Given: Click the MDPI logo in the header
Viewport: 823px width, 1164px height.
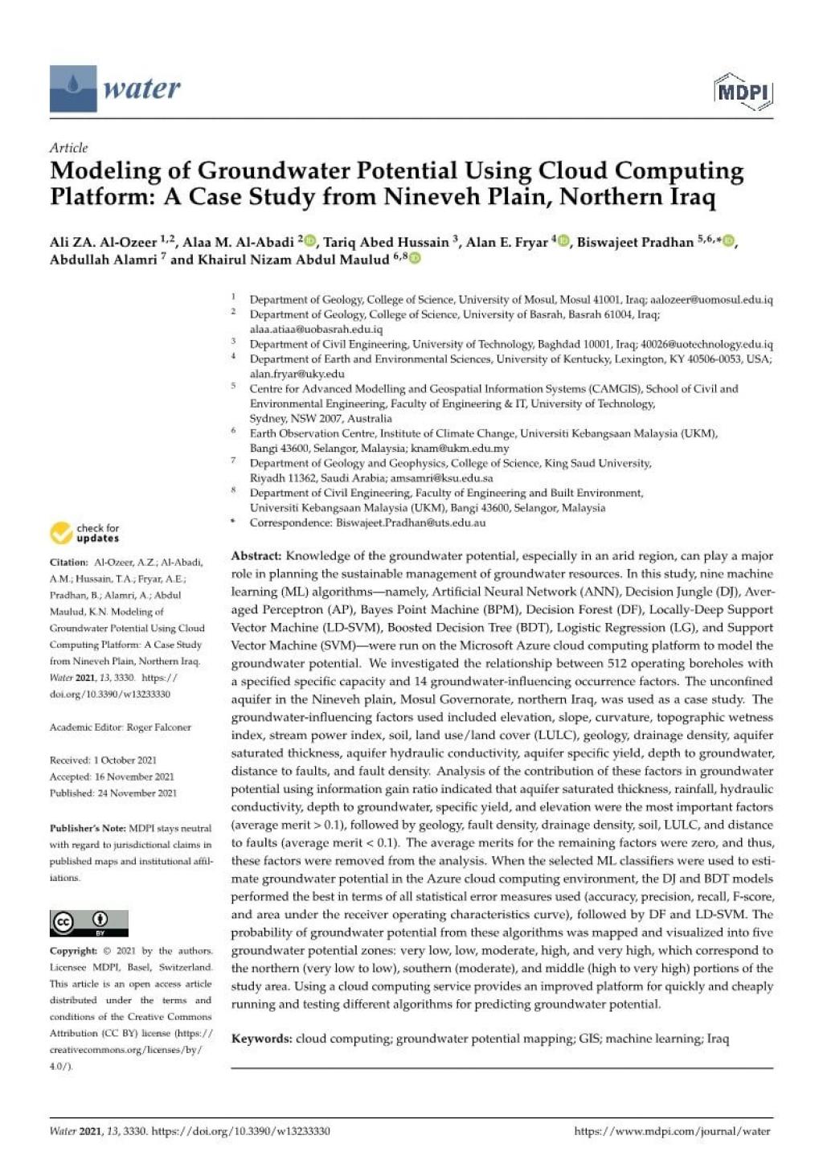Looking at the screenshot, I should click(743, 91).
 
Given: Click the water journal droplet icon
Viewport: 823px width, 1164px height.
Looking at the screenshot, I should click(73, 88).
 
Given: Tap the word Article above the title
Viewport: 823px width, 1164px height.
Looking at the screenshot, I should click(68, 147).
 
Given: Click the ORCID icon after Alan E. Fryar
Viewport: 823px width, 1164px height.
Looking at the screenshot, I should click(563, 241).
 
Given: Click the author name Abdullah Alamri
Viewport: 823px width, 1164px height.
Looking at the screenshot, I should click(103, 259).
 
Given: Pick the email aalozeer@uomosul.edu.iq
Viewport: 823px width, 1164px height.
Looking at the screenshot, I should click(711, 300).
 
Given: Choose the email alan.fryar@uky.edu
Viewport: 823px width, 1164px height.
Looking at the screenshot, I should click(297, 374).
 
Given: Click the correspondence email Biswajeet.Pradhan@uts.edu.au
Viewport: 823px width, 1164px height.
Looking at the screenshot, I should click(411, 523).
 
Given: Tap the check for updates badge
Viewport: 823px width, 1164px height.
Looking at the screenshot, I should click(85, 533).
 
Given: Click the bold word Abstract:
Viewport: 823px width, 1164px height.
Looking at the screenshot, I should click(256, 556).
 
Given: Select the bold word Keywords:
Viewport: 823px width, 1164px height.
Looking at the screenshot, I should click(262, 1039).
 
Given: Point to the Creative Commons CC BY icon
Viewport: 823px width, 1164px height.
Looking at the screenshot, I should click(88, 923).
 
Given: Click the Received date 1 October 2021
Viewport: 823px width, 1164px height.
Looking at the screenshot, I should click(125, 760).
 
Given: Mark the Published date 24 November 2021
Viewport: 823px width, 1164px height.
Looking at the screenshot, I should click(137, 793).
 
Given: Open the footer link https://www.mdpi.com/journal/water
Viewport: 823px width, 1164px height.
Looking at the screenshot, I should click(672, 1131).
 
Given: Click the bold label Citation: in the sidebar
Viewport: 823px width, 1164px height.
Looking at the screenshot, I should click(69, 563).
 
